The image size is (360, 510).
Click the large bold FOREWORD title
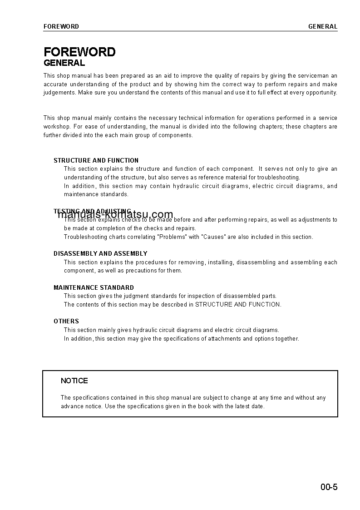point(79,52)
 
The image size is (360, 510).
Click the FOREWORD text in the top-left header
point(61,26)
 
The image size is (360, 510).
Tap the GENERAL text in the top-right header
point(323,26)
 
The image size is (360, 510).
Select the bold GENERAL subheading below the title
point(64,63)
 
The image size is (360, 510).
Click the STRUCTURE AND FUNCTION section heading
point(96,160)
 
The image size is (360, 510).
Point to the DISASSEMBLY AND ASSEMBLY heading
point(100,253)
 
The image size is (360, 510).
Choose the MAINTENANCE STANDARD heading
point(94,287)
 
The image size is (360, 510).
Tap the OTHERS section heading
point(66,321)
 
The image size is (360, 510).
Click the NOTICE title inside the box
point(74,381)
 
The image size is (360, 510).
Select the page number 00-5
point(329,488)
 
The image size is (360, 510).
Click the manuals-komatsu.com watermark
point(115,215)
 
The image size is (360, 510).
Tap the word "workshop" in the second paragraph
point(56,127)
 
